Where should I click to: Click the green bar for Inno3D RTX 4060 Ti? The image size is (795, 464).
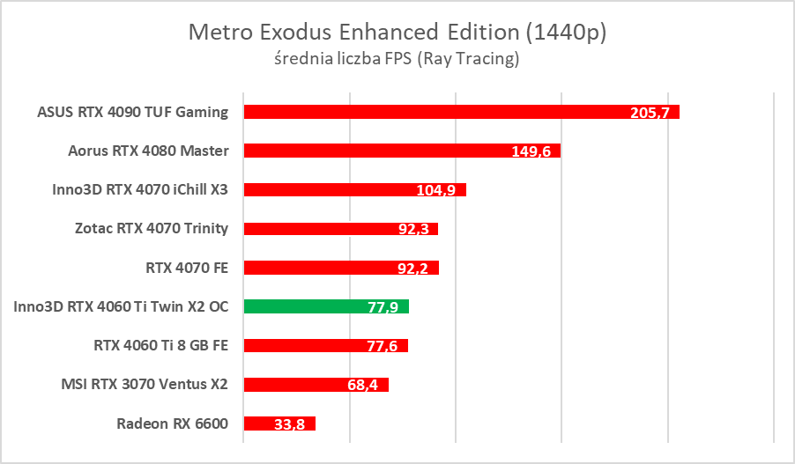click(x=300, y=306)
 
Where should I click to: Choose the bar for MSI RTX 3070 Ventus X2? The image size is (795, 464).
click(x=291, y=385)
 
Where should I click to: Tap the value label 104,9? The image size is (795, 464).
click(x=436, y=191)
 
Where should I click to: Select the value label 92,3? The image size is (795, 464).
click(x=412, y=230)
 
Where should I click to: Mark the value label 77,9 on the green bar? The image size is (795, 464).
click(x=382, y=307)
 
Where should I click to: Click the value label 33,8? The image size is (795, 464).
click(x=289, y=424)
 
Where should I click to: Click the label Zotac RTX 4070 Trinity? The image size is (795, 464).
click(x=152, y=228)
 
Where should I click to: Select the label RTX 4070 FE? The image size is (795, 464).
click(x=187, y=268)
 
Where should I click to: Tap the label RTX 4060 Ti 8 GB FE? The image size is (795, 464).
click(x=161, y=345)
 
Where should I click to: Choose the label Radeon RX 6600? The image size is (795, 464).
click(x=172, y=423)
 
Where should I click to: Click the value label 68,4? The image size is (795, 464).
click(x=362, y=386)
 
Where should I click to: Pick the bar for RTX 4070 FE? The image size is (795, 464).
click(x=317, y=268)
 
